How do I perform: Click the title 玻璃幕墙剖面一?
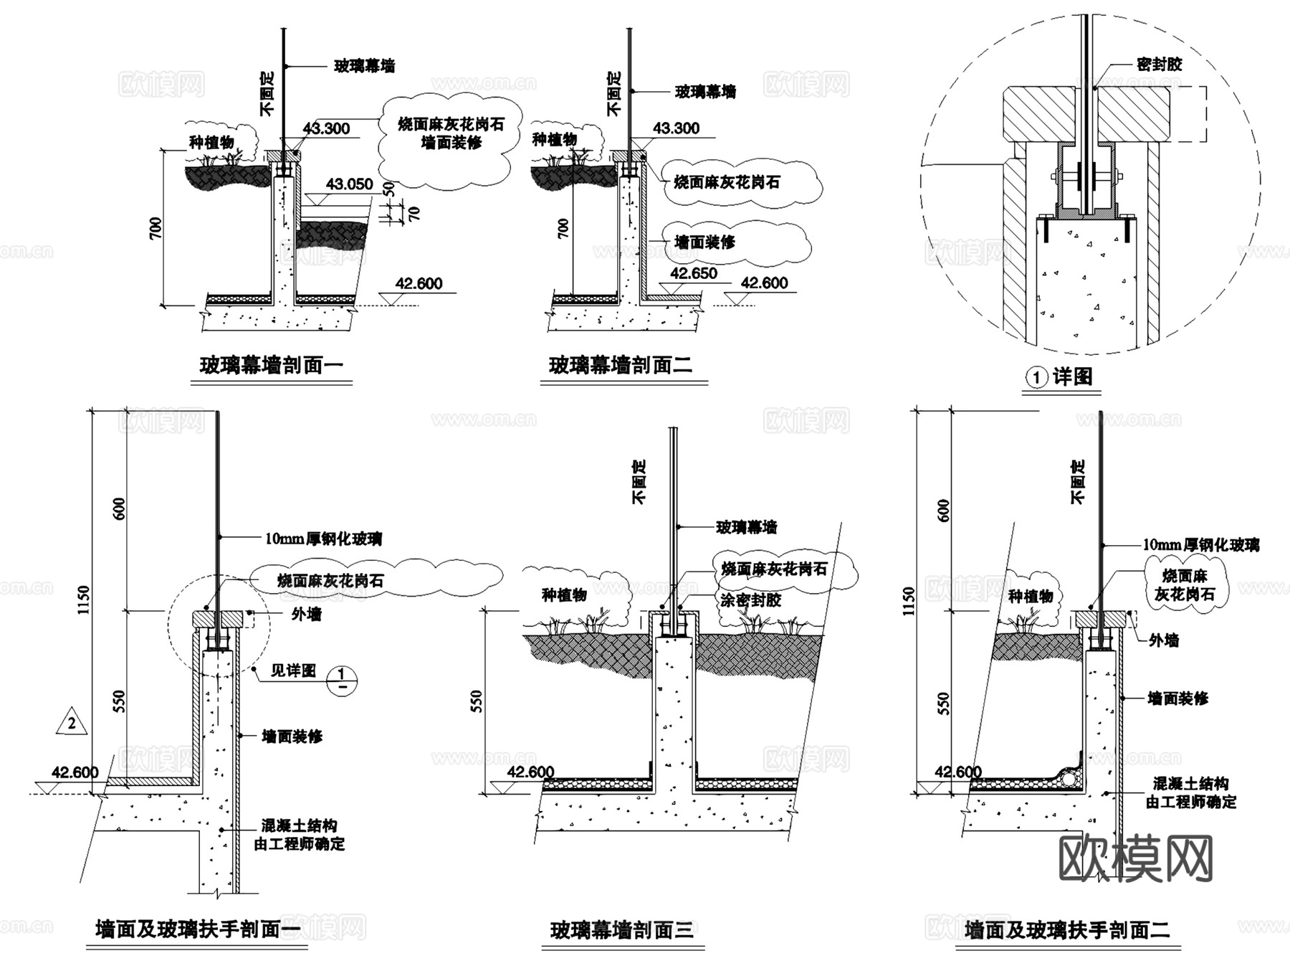point(271,366)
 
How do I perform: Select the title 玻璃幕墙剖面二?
point(621,366)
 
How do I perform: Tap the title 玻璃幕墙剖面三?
point(621,930)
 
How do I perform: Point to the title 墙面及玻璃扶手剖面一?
point(199,929)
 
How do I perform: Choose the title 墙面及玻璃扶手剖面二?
point(1067,930)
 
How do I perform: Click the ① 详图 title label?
point(1061,377)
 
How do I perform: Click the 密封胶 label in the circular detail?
point(1159,65)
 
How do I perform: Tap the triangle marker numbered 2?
point(72,724)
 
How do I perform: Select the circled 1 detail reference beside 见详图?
point(341,679)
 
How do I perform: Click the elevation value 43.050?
point(349,184)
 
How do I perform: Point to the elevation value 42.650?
point(693,273)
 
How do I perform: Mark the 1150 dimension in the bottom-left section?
point(85,601)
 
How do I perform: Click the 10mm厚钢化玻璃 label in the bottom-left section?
point(323,539)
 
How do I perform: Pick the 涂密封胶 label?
point(750,600)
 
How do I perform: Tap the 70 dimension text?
point(414,213)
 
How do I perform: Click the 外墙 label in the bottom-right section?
point(1163,640)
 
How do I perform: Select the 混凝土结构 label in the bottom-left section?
point(300,825)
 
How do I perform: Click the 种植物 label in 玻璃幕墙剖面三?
point(564,595)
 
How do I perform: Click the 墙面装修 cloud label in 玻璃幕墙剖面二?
point(704,242)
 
